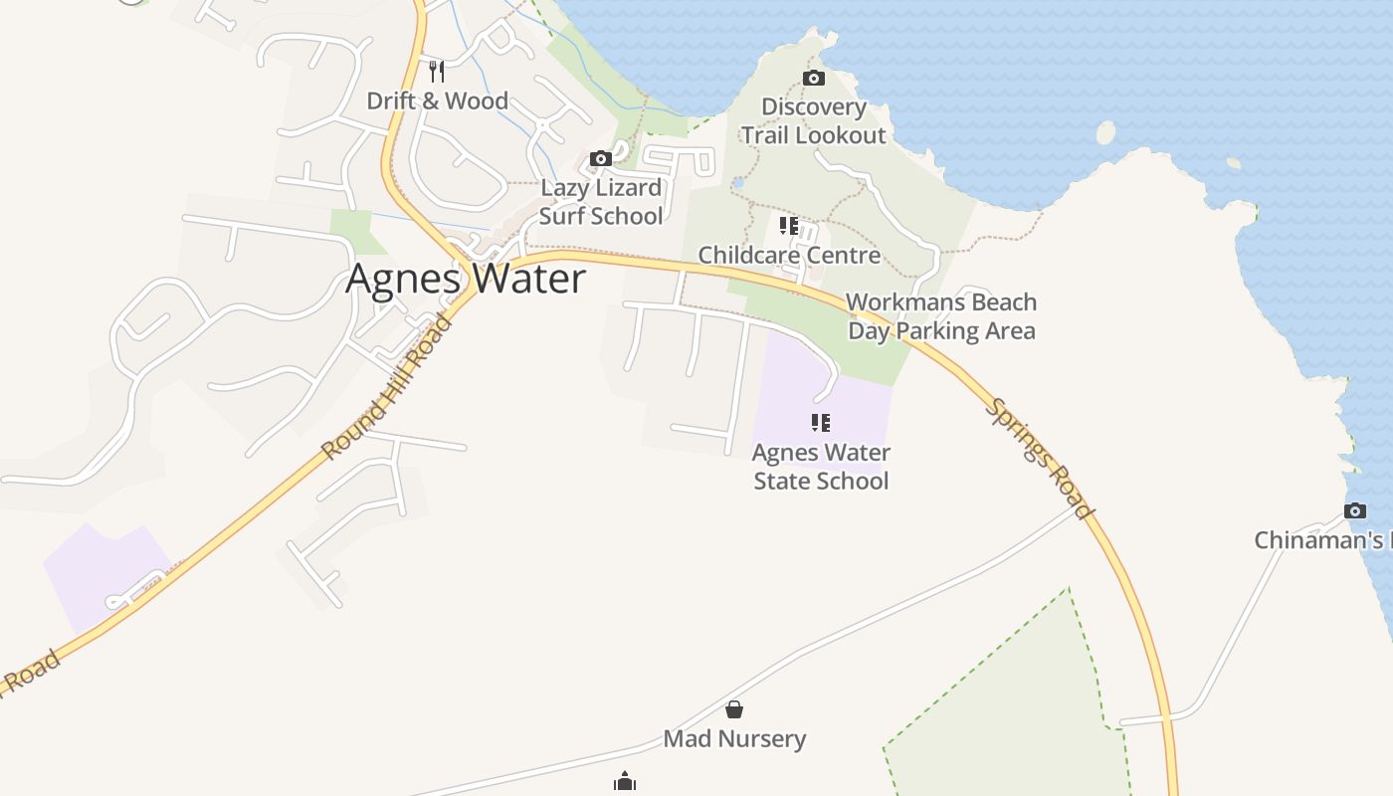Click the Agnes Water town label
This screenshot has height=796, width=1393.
(466, 279)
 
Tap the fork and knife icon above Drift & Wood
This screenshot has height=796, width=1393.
(436, 71)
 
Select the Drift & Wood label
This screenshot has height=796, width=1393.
(437, 100)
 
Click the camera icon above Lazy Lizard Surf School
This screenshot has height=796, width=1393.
(600, 158)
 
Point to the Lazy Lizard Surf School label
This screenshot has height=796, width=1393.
(601, 202)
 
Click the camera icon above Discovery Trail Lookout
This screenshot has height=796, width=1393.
(813, 78)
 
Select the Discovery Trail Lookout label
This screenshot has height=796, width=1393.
(813, 121)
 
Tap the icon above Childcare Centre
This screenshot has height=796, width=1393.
(789, 226)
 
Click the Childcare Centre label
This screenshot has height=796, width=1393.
(789, 255)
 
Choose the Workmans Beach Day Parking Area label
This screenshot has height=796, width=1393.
(941, 316)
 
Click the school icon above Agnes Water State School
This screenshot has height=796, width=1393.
(821, 423)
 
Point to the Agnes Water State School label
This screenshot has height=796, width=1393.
(821, 467)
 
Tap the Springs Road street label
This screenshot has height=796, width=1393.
(1040, 459)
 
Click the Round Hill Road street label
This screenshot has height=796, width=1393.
(389, 387)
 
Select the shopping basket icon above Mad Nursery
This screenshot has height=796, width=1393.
(734, 709)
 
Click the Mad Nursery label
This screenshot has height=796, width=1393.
(734, 738)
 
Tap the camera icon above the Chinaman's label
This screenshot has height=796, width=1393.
(1354, 510)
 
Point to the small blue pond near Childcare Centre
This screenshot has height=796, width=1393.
(737, 183)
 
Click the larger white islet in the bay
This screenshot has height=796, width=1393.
(1105, 132)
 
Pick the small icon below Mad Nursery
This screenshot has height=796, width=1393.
(625, 782)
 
